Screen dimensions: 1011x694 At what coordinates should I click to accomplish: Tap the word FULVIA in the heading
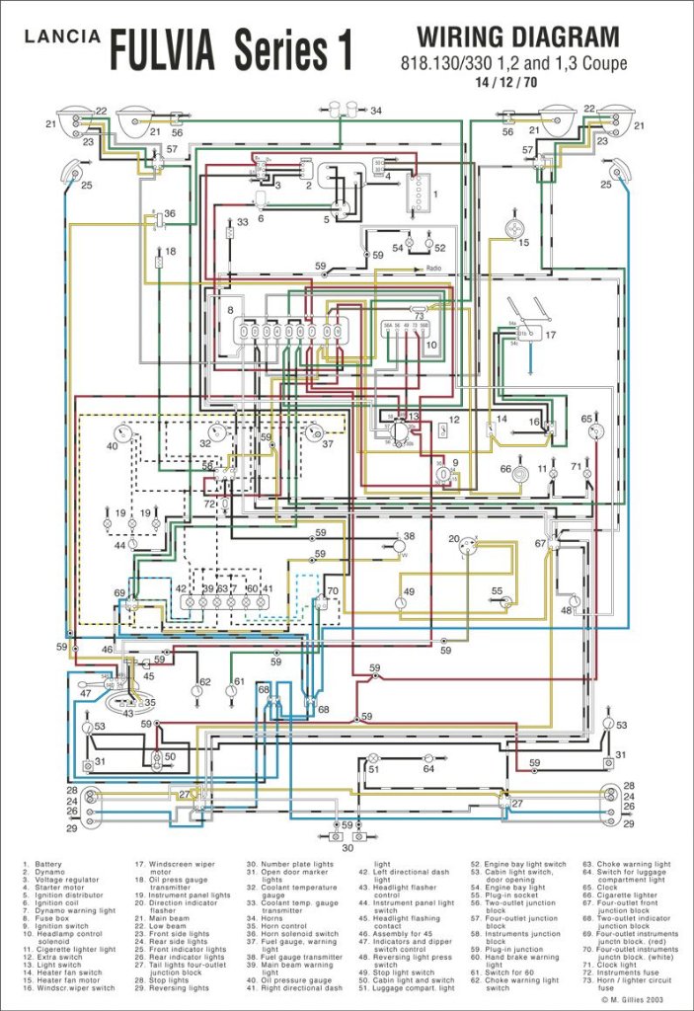[166, 49]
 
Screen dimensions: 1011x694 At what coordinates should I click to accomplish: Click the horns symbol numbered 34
[344, 109]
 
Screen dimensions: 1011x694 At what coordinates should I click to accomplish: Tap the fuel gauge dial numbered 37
[315, 433]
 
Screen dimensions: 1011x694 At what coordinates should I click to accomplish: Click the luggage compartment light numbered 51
[373, 769]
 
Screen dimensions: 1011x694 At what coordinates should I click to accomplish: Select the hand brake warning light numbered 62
[196, 690]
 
